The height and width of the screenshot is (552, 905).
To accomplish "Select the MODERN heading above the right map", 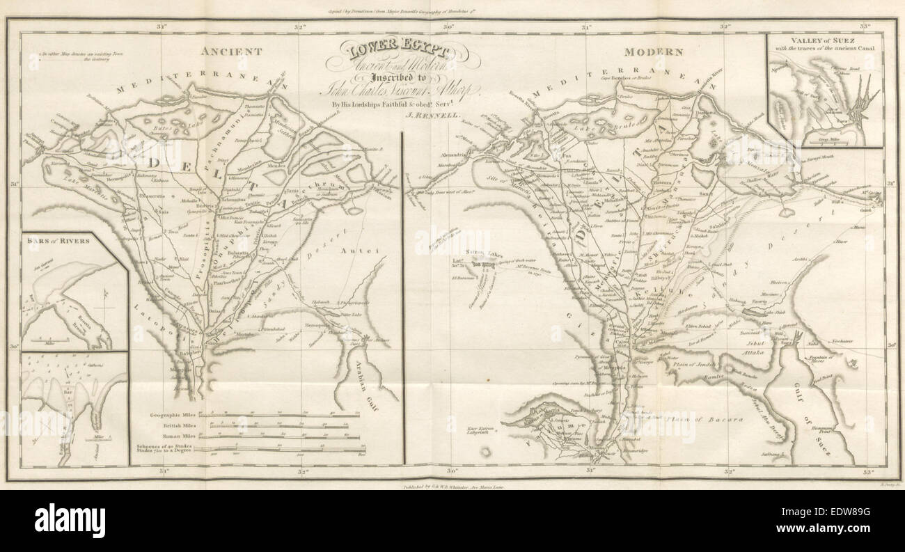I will click(653, 52).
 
